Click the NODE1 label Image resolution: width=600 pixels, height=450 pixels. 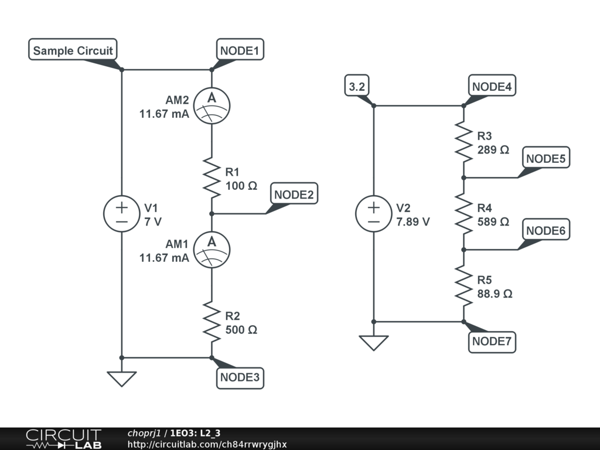(240, 50)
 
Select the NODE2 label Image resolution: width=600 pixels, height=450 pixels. (294, 195)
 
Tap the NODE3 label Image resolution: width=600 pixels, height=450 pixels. (240, 377)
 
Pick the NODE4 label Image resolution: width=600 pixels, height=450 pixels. (492, 87)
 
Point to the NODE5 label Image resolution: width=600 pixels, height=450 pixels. (546, 159)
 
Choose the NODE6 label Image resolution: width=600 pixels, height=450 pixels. (546, 231)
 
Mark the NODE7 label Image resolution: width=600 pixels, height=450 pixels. (492, 342)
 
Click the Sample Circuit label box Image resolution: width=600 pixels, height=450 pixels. (73, 50)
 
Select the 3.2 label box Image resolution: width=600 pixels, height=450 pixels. (357, 87)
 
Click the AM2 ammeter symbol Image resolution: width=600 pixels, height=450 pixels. (212, 105)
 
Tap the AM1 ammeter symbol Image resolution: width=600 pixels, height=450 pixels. (212, 249)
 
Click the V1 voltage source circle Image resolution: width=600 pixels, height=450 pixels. (122, 213)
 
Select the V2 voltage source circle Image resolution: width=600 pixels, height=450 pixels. (374, 213)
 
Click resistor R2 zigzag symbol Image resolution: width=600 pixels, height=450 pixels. (212, 321)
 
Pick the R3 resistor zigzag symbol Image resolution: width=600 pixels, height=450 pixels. (463, 141)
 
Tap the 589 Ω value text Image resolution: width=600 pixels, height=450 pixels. (493, 222)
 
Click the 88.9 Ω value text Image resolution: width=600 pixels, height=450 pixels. (495, 294)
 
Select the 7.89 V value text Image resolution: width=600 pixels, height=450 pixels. (413, 222)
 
